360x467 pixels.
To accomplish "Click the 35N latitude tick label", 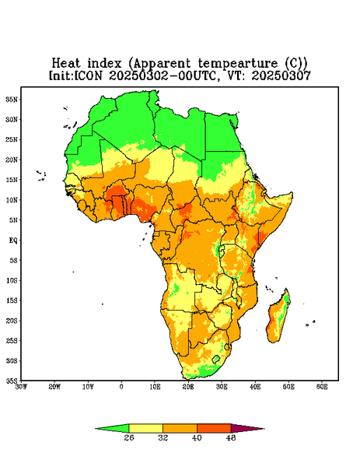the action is (12, 99).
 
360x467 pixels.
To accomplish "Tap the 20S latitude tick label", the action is (12, 321).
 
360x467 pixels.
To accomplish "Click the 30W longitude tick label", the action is (21, 387).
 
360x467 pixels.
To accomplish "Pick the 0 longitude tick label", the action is (121, 387).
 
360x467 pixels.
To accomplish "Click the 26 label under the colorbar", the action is (129, 437).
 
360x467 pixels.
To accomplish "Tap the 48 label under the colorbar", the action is (231, 437).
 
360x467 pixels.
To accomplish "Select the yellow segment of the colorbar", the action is (145, 428).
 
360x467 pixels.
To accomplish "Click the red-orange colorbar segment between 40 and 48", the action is (214, 428).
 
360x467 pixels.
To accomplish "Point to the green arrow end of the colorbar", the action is (112, 428).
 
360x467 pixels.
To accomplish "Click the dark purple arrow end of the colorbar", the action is (248, 428).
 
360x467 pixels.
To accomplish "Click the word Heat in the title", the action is (66, 63).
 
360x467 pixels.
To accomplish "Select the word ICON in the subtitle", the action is (88, 75).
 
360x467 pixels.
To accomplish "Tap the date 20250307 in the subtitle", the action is (281, 75).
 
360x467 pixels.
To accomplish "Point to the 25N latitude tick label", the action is (12, 139).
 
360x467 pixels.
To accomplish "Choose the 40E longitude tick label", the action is (255, 387).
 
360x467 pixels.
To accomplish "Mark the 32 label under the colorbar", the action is (163, 437).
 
